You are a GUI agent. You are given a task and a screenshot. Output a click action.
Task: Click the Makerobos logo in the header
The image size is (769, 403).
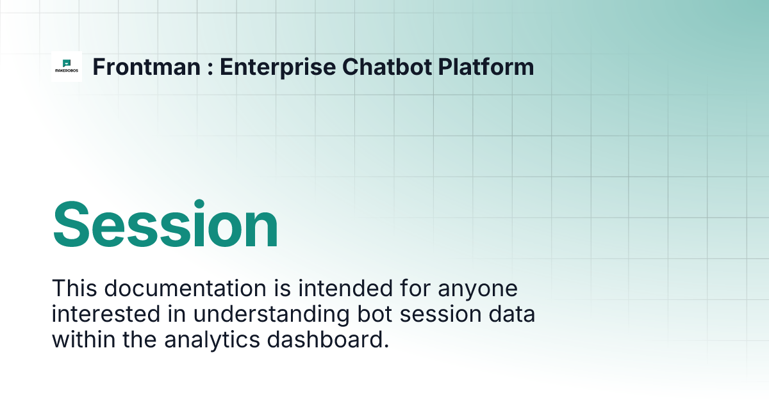tap(67, 67)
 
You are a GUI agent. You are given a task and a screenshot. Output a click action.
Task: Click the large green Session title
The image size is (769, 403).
tap(165, 225)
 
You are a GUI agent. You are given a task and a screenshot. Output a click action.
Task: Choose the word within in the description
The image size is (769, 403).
tap(81, 340)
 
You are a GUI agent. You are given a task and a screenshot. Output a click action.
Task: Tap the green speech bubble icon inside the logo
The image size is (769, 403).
tap(67, 63)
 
